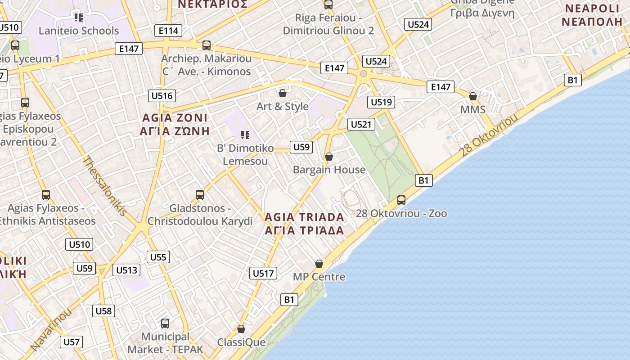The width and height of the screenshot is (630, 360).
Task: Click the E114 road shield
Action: tap(168, 31)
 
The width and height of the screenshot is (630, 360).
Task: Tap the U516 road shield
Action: tap(162, 95)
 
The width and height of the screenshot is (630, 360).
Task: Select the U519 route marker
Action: tap(381, 102)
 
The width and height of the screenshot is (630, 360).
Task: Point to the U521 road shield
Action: tap(360, 124)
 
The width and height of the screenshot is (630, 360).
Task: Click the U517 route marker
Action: tap(263, 273)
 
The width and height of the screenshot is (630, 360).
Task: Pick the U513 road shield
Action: tap(126, 270)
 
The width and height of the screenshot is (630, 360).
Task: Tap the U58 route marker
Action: tap(103, 310)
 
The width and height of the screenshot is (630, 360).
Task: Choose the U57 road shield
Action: tap(72, 342)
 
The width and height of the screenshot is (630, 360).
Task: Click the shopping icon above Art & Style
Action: tap(283, 93)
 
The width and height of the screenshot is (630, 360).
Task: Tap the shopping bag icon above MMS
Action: tap(473, 96)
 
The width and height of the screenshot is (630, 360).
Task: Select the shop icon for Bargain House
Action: tap(329, 157)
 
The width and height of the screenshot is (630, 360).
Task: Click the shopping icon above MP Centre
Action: tap(319, 263)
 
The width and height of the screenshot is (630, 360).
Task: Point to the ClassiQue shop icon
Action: tap(241, 329)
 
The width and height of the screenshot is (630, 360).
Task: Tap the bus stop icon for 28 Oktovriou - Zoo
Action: tap(401, 200)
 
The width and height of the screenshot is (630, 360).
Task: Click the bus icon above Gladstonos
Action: tap(200, 195)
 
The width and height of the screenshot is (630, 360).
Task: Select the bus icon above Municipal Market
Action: tap(165, 323)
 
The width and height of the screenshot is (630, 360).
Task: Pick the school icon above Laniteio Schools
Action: tap(79, 18)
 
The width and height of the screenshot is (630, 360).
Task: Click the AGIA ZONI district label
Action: tap(175, 118)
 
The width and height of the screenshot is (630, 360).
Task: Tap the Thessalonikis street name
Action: tap(105, 185)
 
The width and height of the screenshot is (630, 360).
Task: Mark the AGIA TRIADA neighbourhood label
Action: tap(304, 217)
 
